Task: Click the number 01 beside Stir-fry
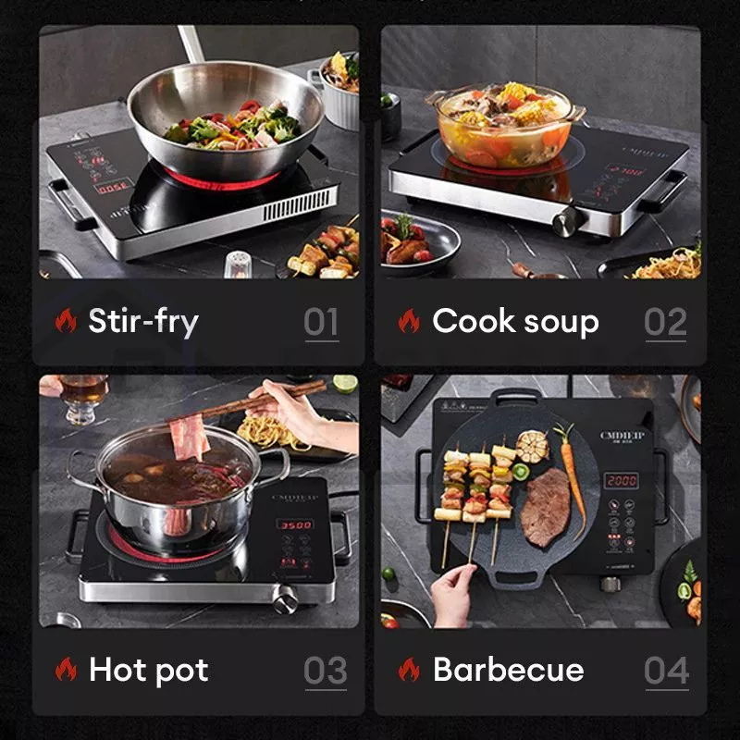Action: pyautogui.click(x=322, y=322)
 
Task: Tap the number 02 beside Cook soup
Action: pyautogui.click(x=665, y=322)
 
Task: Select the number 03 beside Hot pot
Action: pyautogui.click(x=326, y=671)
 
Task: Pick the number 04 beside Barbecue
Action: pyautogui.click(x=667, y=671)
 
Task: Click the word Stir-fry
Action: pyautogui.click(x=143, y=322)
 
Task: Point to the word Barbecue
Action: pyautogui.click(x=508, y=670)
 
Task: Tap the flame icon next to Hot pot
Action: pyautogui.click(x=66, y=670)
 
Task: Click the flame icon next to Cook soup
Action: pyautogui.click(x=409, y=322)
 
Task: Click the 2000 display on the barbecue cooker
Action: pyautogui.click(x=621, y=481)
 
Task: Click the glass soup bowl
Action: pyautogui.click(x=504, y=125)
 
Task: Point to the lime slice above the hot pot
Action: pyautogui.click(x=345, y=384)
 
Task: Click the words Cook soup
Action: pyautogui.click(x=515, y=322)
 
